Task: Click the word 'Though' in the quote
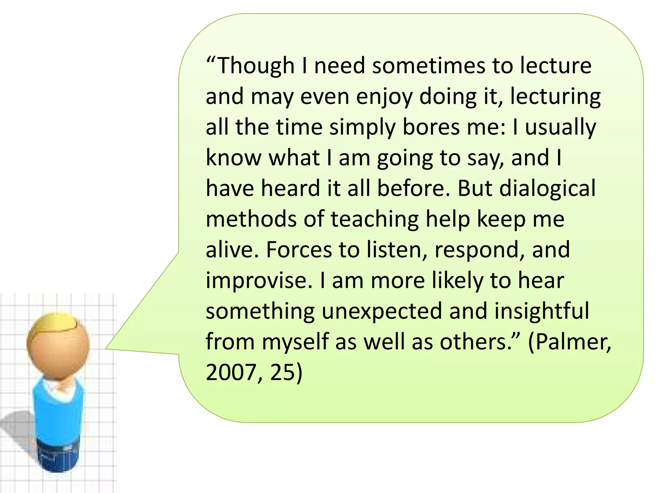(256, 66)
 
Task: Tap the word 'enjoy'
(384, 97)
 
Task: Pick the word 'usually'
(560, 127)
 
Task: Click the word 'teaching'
(375, 219)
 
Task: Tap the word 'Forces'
(299, 250)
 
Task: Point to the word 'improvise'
(259, 281)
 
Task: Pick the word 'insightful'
(542, 311)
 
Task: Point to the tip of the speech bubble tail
(106, 348)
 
